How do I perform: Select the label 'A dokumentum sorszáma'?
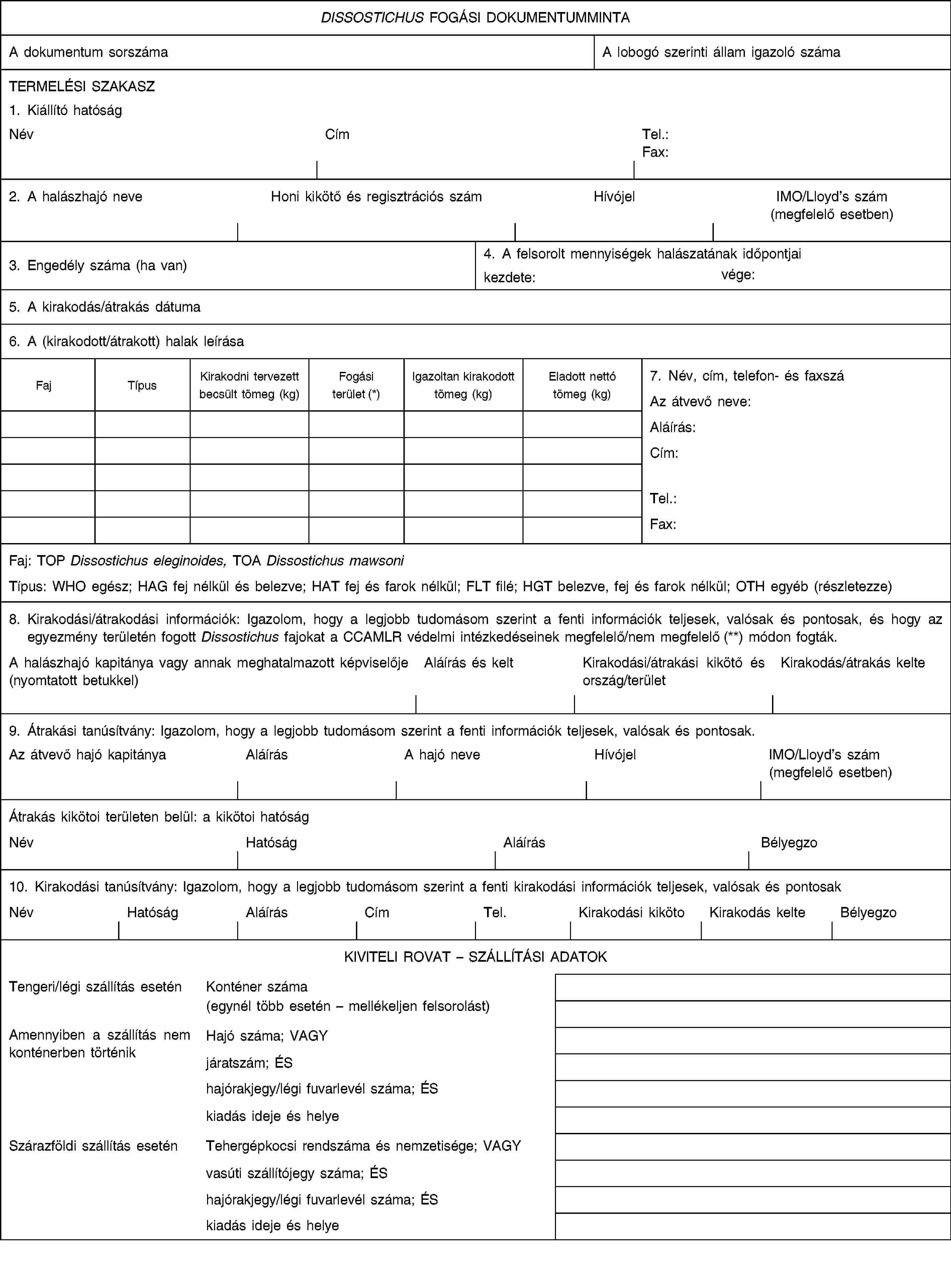89,52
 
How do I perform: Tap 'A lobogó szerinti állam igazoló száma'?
721,52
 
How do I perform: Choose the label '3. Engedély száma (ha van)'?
98,266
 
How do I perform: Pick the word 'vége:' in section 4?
738,275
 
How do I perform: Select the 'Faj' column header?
43,386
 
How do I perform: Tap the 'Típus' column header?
142,386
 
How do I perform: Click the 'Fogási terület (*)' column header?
356,385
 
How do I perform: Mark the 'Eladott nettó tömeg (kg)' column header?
582,385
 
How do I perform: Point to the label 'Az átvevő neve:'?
700,402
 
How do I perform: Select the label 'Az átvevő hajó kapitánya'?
87,755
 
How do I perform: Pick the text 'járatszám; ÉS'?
249,1063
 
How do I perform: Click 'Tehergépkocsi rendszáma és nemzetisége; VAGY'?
364,1146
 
